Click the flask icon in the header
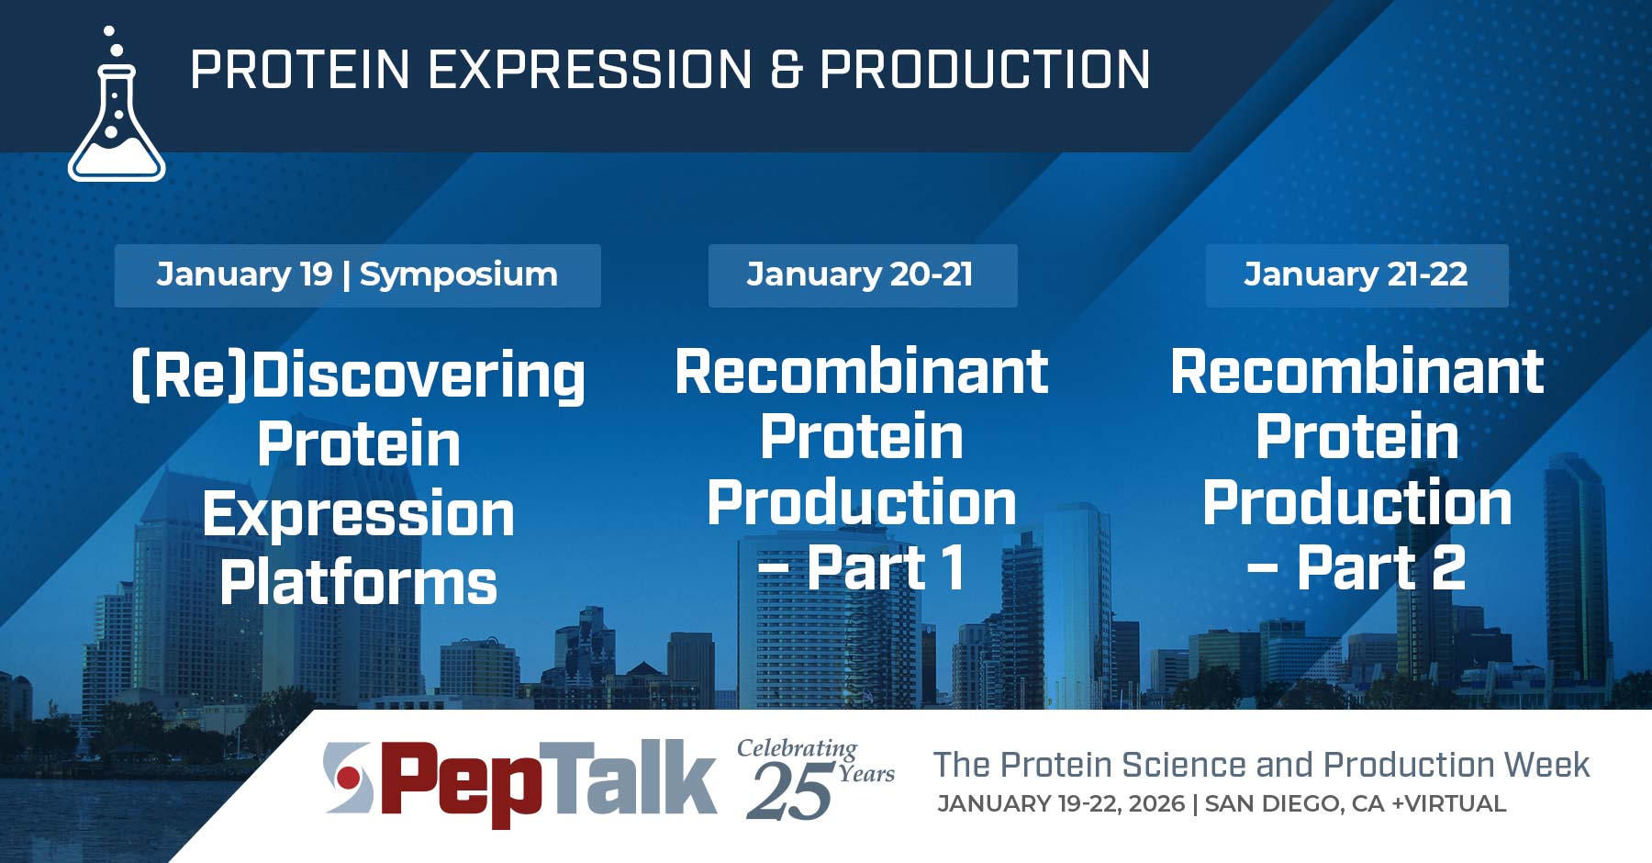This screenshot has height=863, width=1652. pyautogui.click(x=117, y=119)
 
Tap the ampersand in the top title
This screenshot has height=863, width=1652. pyautogui.click(x=786, y=70)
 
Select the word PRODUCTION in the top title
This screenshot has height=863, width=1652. pyautogui.click(x=985, y=70)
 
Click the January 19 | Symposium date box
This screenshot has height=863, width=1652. pyautogui.click(x=357, y=275)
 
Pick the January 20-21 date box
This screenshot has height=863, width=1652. pyautogui.click(x=862, y=275)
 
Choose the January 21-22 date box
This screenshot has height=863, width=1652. pyautogui.click(x=1356, y=275)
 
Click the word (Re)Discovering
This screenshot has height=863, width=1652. pyautogui.click(x=358, y=375)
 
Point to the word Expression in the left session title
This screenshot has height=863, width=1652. pyautogui.click(x=358, y=514)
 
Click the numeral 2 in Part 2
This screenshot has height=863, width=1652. pyautogui.click(x=1448, y=567)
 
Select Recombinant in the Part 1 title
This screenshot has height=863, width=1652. pyautogui.click(x=862, y=372)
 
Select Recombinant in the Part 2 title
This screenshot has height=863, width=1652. pyautogui.click(x=1356, y=372)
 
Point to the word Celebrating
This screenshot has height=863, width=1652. pyautogui.click(x=797, y=748)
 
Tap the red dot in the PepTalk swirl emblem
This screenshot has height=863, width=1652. pyautogui.click(x=348, y=779)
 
